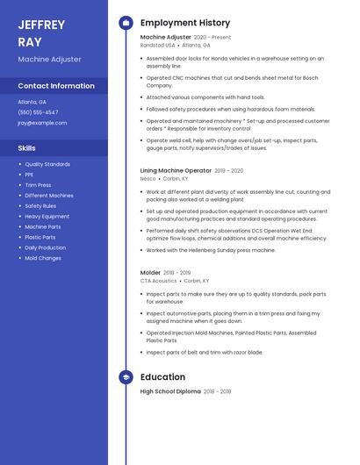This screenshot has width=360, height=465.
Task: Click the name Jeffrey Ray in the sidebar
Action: point(41,32)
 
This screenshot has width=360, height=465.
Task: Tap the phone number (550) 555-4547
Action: point(38,112)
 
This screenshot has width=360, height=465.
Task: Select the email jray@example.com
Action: point(42,123)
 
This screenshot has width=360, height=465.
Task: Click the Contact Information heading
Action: point(56,86)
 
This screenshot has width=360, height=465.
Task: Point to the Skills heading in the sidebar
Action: point(27,148)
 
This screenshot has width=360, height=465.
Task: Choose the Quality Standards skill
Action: point(47,164)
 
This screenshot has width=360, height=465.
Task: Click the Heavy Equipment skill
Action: point(47,216)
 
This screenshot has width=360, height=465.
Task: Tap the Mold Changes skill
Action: point(43,258)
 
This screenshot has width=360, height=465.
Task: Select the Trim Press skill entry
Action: point(38,185)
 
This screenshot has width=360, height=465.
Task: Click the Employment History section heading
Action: point(184,23)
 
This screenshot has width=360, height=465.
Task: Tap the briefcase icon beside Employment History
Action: point(126,23)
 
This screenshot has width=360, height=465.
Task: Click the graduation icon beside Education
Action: point(126,377)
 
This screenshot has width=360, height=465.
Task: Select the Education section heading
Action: point(162,377)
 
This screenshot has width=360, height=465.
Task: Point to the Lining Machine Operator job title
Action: point(176,170)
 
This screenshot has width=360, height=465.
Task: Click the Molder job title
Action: point(150,273)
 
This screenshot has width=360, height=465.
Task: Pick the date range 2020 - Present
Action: point(212,38)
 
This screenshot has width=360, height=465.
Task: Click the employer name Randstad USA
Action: point(158,45)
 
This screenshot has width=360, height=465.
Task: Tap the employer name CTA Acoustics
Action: point(159,281)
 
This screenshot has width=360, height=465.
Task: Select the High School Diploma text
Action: point(170,391)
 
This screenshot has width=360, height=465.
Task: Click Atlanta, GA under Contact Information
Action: point(32,102)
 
